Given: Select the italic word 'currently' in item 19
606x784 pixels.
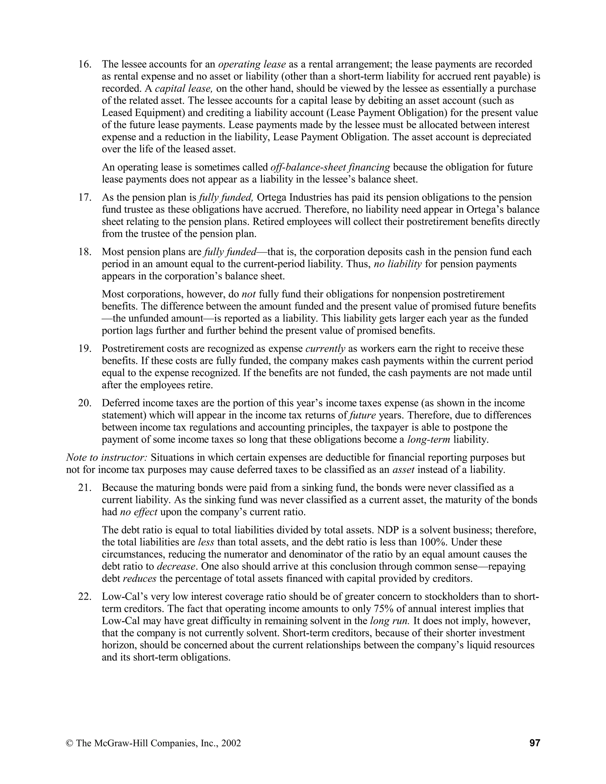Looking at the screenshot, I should tap(325, 349).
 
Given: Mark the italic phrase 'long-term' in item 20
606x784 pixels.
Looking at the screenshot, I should tap(429, 440).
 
